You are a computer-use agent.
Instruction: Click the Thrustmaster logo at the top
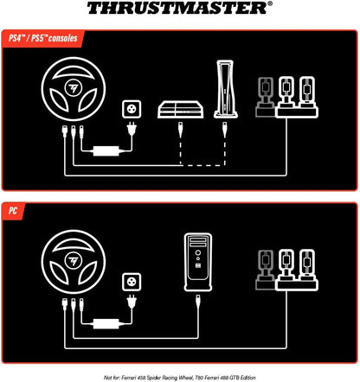point(179,8)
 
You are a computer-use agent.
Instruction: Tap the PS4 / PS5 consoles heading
point(43,38)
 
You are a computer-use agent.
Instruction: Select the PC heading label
point(13,211)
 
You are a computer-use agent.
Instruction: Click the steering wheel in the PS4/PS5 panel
point(74,89)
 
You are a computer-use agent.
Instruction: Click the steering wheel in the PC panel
point(74,262)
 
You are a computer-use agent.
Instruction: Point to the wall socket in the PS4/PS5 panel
point(132,109)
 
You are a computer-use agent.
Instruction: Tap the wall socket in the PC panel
point(132,282)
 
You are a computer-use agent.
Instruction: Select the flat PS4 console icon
point(181,109)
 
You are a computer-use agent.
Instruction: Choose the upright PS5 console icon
point(226,89)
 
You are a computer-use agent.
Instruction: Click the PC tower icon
point(198,262)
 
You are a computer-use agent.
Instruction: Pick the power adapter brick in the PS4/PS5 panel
point(106,150)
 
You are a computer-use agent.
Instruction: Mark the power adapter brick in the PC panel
point(106,323)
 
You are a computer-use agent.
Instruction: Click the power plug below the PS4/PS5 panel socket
point(132,129)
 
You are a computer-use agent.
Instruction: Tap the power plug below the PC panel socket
point(132,302)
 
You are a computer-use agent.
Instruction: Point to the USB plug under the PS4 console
point(181,130)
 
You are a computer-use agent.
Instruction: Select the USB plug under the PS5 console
point(225,130)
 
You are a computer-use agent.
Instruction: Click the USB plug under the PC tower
point(198,302)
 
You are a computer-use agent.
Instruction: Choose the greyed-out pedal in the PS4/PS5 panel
point(266,97)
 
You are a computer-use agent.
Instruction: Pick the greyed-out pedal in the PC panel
point(266,270)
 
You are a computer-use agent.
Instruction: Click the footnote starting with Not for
point(180,378)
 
